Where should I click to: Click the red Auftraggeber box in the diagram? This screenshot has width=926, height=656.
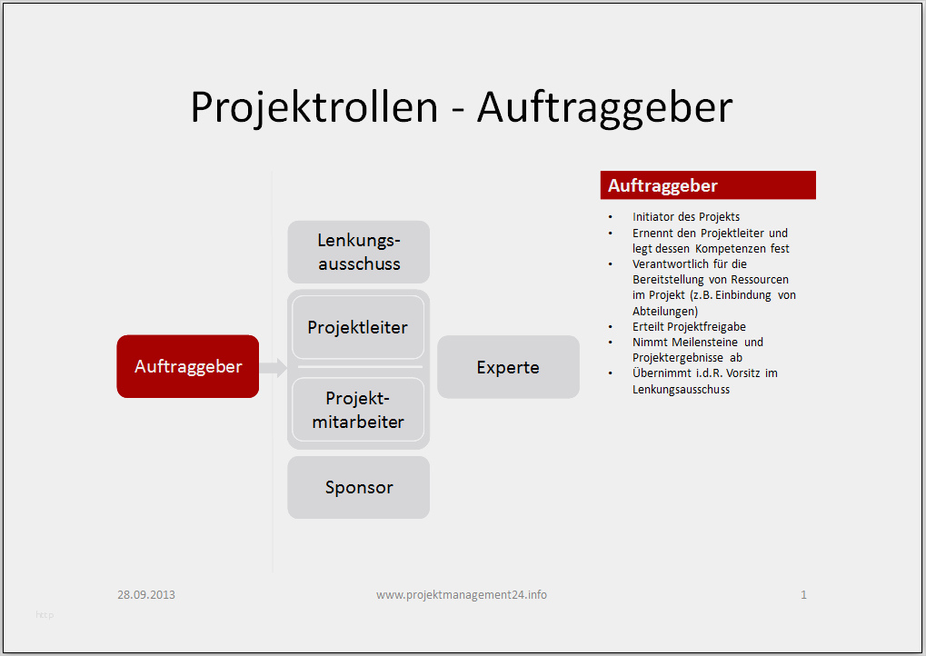188,366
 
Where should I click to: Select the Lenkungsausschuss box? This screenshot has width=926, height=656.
358,252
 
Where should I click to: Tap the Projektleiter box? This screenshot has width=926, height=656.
358,327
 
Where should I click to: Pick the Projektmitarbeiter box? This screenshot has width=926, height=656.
358,410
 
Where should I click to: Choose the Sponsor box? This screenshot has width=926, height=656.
358,487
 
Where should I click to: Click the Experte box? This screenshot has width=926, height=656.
508,367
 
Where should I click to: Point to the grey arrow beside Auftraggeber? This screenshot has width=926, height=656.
273,367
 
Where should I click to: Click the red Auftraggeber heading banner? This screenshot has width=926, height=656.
708,185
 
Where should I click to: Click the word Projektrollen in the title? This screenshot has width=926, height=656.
314,107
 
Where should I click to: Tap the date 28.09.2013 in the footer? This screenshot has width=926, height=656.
146,594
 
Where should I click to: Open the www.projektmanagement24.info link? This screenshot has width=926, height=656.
462,594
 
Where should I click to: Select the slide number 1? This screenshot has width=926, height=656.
803,594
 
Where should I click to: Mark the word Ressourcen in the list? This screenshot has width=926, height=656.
760,279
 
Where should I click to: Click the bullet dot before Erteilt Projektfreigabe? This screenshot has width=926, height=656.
611,326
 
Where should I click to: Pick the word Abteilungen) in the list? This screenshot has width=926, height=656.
665,311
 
